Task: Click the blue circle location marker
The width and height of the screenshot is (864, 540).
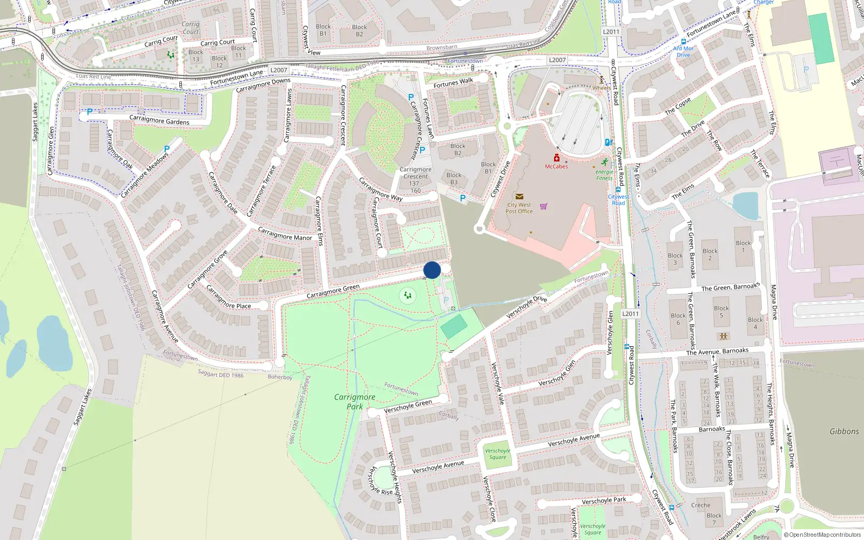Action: pos(432,270)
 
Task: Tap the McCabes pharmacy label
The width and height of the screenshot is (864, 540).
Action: pos(556,166)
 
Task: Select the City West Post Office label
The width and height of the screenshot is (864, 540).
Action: pos(519,208)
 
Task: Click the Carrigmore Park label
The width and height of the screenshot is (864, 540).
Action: pos(354,401)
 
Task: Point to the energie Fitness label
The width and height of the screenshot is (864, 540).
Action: pos(604,175)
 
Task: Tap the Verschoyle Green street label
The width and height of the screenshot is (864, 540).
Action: pos(408,406)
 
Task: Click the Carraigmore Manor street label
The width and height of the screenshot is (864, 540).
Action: pos(285,234)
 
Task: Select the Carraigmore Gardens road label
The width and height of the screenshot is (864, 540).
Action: pos(159,120)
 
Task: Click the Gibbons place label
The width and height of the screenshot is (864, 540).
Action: pos(844,431)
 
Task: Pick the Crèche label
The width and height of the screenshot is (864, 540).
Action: pos(700,505)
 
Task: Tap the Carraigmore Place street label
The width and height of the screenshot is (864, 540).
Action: pos(228,298)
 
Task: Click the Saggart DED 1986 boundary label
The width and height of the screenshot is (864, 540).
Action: pos(220,374)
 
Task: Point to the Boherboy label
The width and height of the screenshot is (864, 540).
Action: pos(280,377)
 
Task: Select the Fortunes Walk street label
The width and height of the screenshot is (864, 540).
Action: pos(453,83)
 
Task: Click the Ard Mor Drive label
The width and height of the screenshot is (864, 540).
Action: pos(683,51)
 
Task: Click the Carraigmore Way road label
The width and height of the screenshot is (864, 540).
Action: pos(381,190)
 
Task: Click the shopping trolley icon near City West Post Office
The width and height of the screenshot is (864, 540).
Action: pos(543,206)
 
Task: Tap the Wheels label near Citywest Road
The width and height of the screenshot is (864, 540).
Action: pos(602,87)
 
